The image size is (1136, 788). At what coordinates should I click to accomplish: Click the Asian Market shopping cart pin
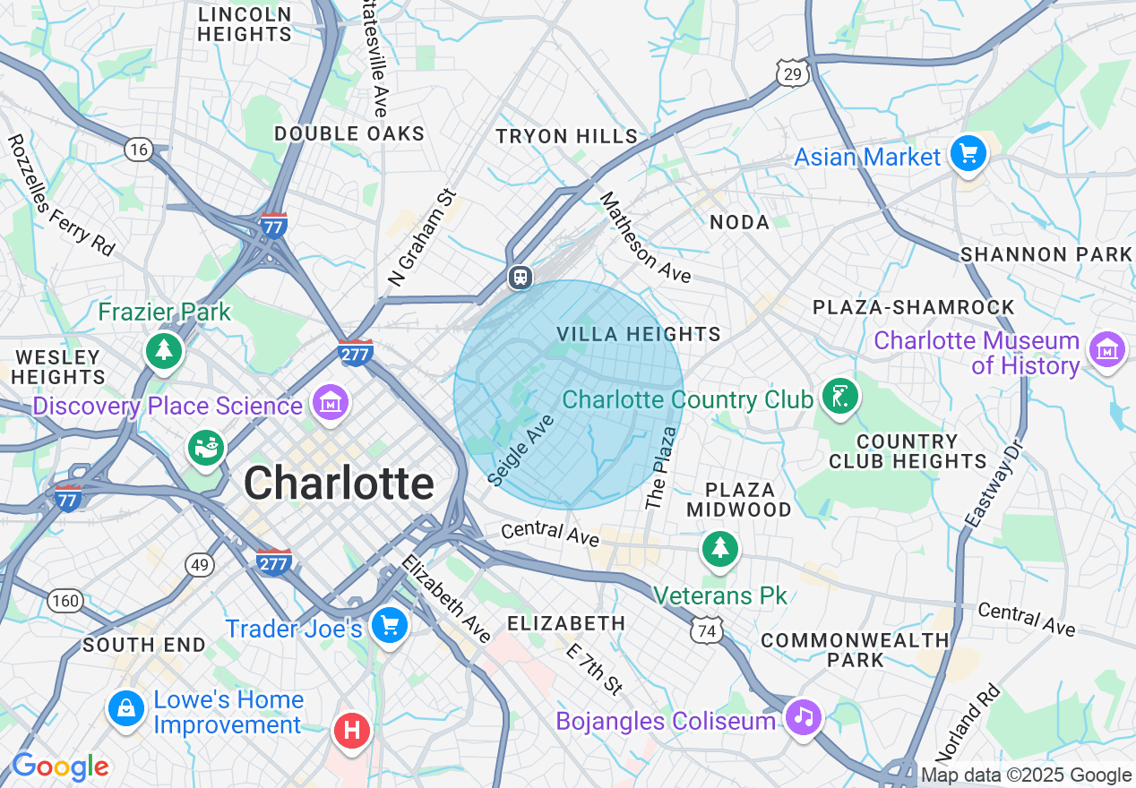pyautogui.click(x=968, y=154)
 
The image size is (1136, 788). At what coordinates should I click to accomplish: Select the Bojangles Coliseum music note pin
pyautogui.click(x=804, y=715)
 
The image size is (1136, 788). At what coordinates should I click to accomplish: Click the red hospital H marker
pyautogui.click(x=352, y=730)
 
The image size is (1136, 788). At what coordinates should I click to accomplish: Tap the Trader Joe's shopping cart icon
pyautogui.click(x=390, y=624)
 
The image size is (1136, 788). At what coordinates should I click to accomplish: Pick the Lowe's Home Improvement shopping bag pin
pyautogui.click(x=126, y=708)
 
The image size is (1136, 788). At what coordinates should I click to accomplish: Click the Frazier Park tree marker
pyautogui.click(x=164, y=349)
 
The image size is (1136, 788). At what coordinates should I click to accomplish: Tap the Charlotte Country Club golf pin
pyautogui.click(x=839, y=395)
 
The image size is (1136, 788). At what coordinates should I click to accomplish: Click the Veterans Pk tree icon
pyautogui.click(x=719, y=548)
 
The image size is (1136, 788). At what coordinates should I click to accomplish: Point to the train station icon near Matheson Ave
pyautogui.click(x=520, y=278)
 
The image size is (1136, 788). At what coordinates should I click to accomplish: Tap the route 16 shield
pyautogui.click(x=138, y=150)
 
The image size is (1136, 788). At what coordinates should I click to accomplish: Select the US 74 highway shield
pyautogui.click(x=706, y=630)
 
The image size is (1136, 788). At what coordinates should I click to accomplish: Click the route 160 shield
pyautogui.click(x=65, y=600)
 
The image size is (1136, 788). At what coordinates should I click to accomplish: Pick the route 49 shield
pyautogui.click(x=199, y=564)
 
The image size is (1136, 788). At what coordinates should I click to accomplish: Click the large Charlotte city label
pyautogui.click(x=339, y=484)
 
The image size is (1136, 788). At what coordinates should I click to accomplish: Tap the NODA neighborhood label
pyautogui.click(x=739, y=222)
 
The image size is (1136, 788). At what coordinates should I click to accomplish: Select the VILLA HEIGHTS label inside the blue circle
pyautogui.click(x=638, y=334)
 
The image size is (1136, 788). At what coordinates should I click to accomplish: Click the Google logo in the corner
pyautogui.click(x=60, y=767)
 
